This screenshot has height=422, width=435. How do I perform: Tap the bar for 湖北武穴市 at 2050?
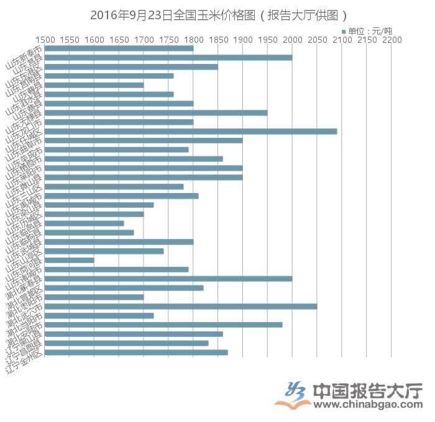click(181, 307)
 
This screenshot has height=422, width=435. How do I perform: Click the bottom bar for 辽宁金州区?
click(137, 352)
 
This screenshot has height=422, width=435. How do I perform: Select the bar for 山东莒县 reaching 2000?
click(168, 58)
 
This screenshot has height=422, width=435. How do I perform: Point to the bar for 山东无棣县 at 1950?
click(156, 113)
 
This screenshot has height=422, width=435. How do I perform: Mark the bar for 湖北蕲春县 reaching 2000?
click(168, 279)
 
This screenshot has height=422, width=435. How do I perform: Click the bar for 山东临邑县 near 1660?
click(85, 223)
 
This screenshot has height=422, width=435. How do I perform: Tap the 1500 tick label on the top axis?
click(45, 40)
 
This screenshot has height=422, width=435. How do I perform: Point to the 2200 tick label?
click(391, 40)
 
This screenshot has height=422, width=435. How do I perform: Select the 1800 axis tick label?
click(193, 40)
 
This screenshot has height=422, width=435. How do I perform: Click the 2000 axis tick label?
click(292, 40)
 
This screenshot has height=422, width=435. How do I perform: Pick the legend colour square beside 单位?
click(343, 30)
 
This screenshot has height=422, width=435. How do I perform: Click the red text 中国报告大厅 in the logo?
click(367, 390)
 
